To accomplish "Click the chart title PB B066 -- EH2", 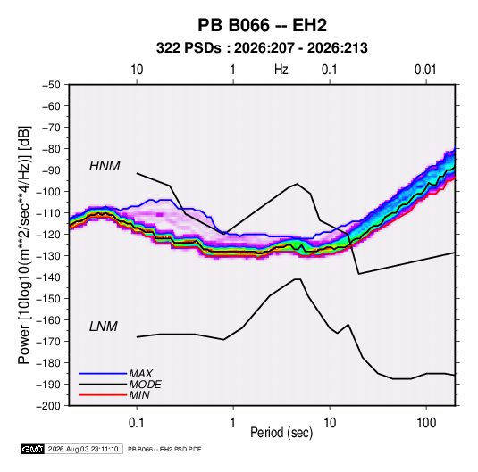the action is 262,25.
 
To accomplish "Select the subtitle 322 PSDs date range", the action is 262,48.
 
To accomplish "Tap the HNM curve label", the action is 105,166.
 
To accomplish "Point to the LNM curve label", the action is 104,327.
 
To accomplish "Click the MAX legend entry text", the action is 140,373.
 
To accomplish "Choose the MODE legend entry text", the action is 145,385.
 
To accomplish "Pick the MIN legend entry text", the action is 139,395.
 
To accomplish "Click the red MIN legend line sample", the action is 103,395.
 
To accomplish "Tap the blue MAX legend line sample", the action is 103,373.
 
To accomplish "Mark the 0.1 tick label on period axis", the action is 137,423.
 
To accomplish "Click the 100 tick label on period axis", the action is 426,423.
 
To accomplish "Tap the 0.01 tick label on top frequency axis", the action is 425,70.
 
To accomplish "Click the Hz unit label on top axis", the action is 281,70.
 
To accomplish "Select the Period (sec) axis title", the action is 281,433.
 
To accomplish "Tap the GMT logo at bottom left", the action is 32,449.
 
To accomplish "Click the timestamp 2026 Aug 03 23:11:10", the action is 83,449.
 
